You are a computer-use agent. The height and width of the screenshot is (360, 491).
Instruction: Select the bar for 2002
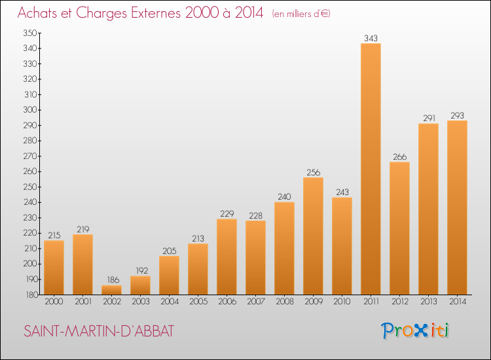pyautogui.click(x=111, y=290)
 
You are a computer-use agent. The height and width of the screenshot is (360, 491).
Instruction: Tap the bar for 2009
pyautogui.click(x=313, y=236)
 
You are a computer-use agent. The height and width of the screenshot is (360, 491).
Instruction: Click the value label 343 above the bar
pyautogui.click(x=371, y=39)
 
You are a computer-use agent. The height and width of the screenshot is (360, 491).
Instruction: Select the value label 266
pyautogui.click(x=399, y=157)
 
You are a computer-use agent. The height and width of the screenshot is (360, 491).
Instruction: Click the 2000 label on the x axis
pyautogui.click(x=54, y=302)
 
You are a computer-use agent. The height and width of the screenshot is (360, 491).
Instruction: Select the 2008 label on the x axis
pyautogui.click(x=284, y=302)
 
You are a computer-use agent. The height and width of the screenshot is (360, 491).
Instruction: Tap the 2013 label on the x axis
pyautogui.click(x=428, y=302)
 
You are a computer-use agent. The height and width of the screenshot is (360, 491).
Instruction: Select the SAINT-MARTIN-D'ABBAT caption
pyautogui.click(x=98, y=331)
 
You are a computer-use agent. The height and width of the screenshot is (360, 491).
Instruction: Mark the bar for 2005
pyautogui.click(x=198, y=269)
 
